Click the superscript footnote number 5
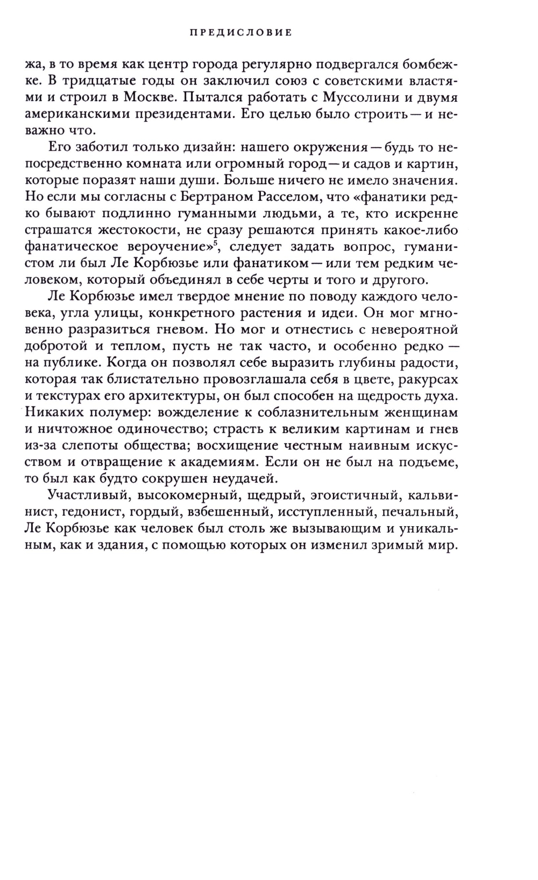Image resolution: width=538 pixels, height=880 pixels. tap(214, 243)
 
